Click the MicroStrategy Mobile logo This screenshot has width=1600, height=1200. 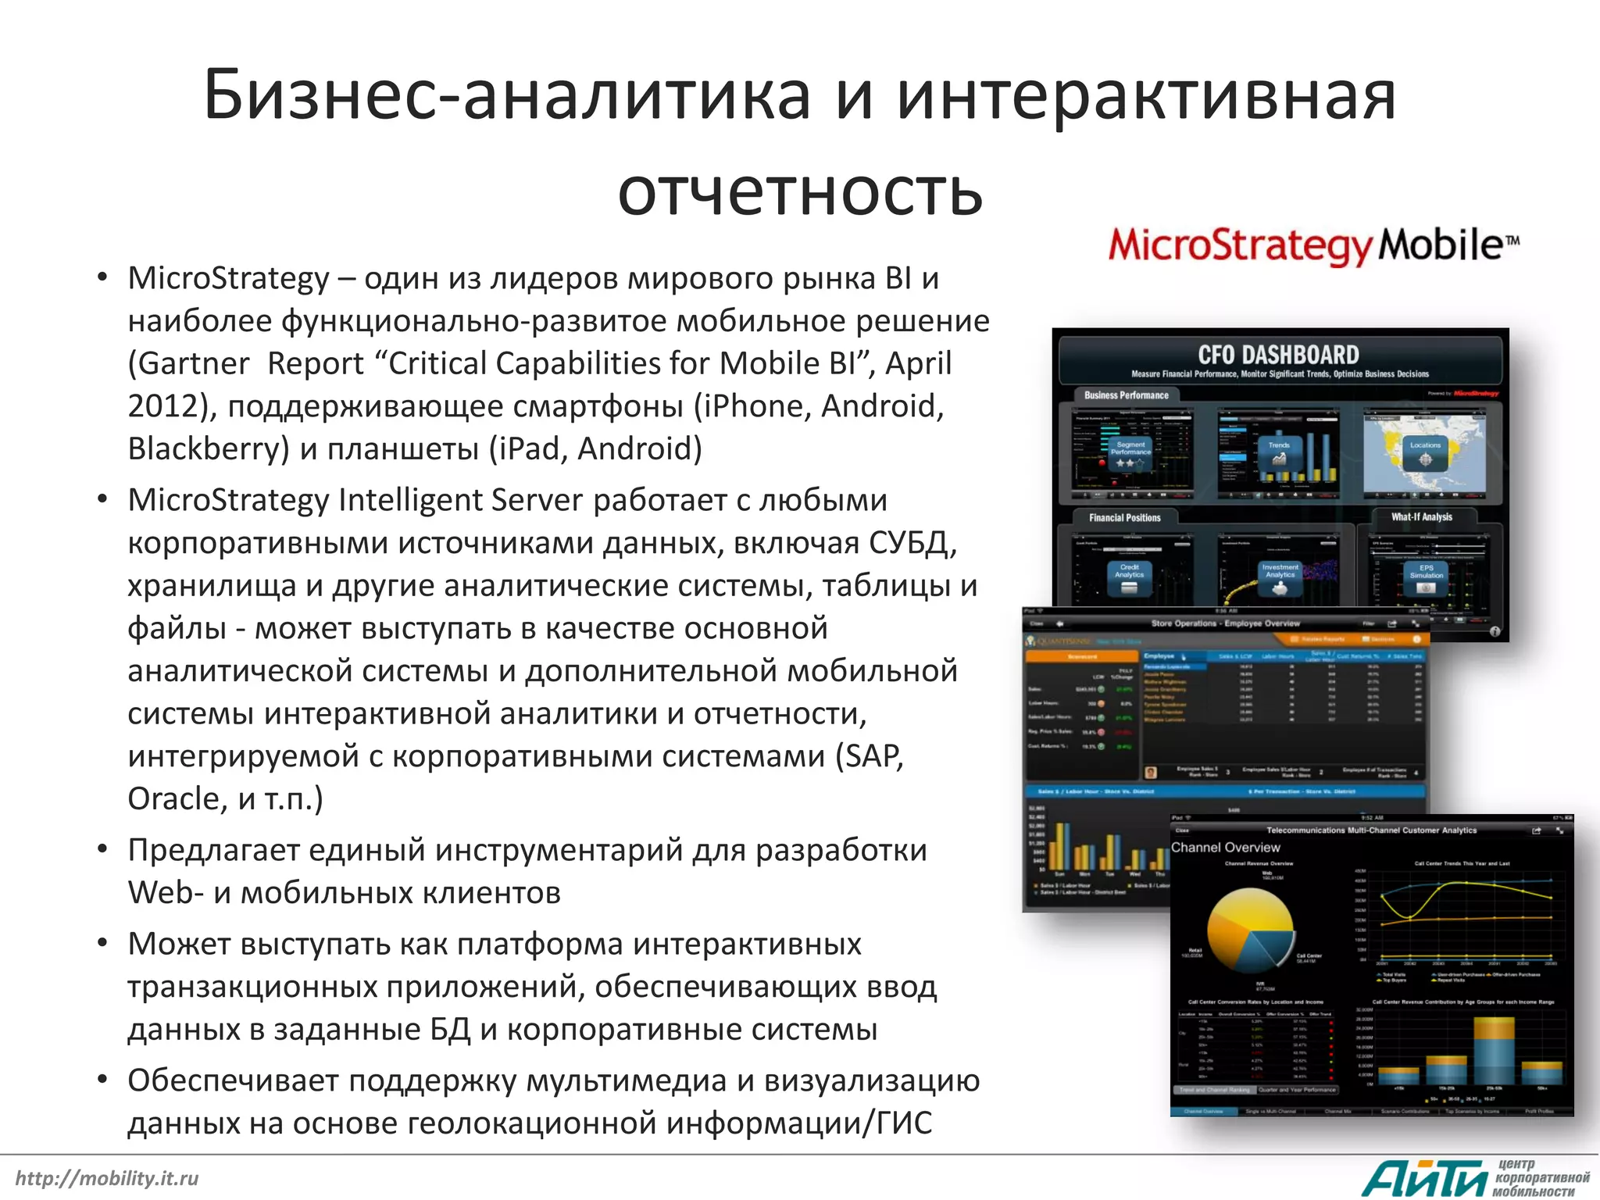[1312, 245]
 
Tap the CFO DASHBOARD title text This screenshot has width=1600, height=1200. [1278, 355]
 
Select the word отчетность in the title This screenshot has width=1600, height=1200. [799, 192]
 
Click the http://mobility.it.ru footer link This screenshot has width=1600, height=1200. [107, 1178]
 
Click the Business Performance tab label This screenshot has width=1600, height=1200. [1126, 395]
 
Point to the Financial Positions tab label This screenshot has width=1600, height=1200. [1124, 517]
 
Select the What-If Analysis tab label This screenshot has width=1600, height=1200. [1421, 517]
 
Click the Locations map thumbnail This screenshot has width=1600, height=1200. [1423, 452]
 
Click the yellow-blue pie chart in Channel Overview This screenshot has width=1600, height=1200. [1251, 930]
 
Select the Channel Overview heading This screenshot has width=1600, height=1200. [1225, 848]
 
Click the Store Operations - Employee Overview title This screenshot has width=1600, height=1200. [1225, 623]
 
